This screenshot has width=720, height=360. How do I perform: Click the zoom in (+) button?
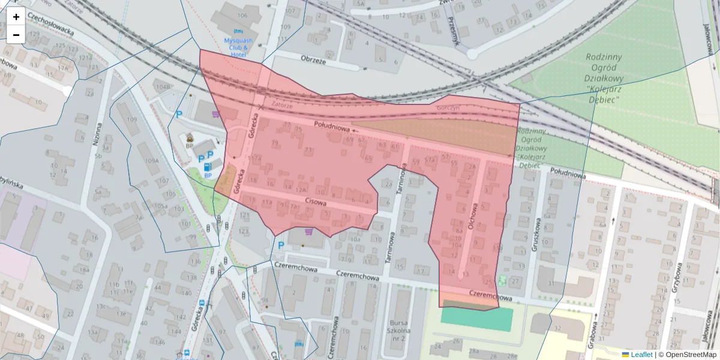pyautogui.click(x=16, y=17)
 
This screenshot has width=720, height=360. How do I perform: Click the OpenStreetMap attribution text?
pyautogui.click(x=690, y=355)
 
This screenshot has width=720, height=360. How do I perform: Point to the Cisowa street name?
pyautogui.click(x=316, y=202)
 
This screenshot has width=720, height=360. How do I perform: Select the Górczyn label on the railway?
pyautogui.click(x=448, y=107)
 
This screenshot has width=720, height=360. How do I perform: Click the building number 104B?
pyautogui.click(x=163, y=87)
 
